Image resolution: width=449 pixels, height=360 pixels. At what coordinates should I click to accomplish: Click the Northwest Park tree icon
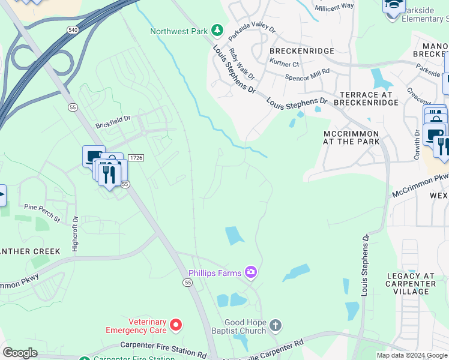click(x=218, y=31)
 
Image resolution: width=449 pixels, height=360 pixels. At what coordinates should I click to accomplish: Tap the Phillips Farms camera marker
click(x=250, y=273)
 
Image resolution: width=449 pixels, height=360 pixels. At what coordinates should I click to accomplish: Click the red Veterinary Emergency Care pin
click(x=176, y=325)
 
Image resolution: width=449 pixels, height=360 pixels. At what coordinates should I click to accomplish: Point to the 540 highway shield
click(x=73, y=29)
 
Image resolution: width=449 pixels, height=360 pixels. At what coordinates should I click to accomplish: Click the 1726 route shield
click(x=136, y=158)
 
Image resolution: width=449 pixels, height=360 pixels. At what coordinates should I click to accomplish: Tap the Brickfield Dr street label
click(x=113, y=125)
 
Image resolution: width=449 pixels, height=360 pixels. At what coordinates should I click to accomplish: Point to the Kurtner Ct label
click(x=284, y=64)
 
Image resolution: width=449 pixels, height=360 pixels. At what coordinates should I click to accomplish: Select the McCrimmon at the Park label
click(x=351, y=137)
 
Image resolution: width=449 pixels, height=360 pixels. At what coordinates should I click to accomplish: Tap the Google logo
click(x=20, y=353)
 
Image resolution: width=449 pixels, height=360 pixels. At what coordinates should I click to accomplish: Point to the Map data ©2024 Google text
click(x=412, y=355)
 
